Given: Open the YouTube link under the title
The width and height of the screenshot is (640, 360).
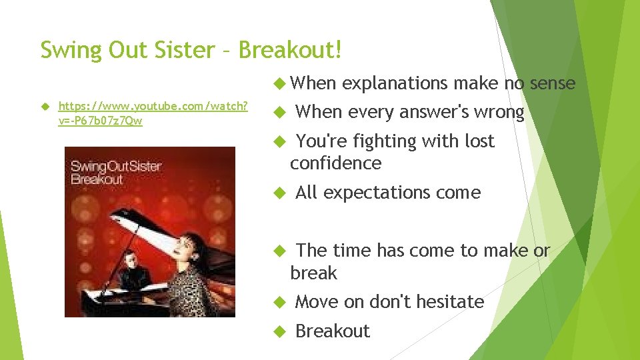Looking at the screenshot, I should coord(154,113).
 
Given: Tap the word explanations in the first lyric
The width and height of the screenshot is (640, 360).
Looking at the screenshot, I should coord(395,83).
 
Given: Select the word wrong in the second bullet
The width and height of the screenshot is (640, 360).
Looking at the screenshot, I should coord(499,112).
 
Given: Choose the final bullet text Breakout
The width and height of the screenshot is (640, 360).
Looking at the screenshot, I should coord(332,331).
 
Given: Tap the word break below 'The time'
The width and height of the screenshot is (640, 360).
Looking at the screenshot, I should coord(313,273).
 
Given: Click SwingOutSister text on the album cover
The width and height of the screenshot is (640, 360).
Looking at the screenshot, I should coord(116,167).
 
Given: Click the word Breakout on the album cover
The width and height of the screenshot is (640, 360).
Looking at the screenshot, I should coord(97,179).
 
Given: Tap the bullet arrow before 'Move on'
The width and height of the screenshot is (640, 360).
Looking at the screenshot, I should coord(280,302).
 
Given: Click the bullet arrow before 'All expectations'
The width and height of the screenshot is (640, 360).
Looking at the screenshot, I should coord(280,193).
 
